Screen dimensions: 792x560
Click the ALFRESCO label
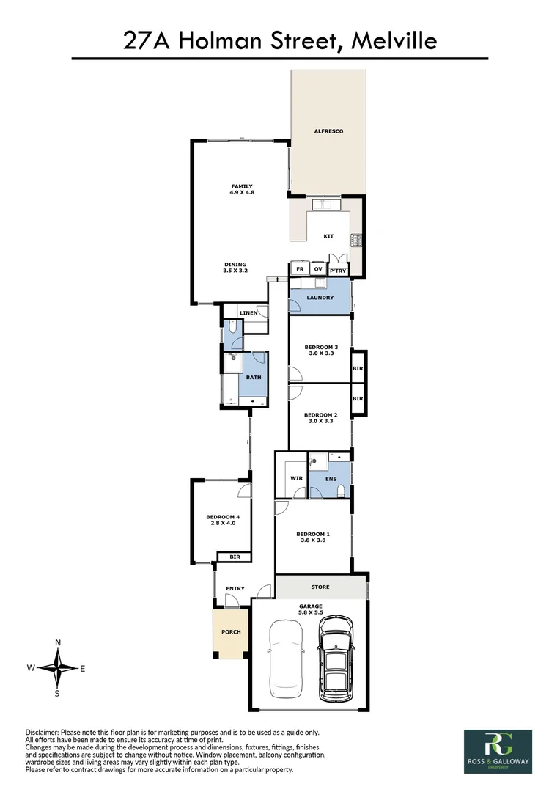(x=328, y=131)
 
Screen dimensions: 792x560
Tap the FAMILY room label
(x=241, y=186)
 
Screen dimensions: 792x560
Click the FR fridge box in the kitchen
(x=299, y=269)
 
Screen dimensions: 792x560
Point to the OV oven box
(x=318, y=269)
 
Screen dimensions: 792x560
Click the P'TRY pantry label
(x=338, y=271)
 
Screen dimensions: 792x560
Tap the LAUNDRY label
(x=321, y=298)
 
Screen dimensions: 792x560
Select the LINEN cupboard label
(x=248, y=313)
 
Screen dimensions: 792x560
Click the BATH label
(x=254, y=378)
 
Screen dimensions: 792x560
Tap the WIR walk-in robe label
(x=286, y=479)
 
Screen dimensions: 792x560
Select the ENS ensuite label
(x=331, y=479)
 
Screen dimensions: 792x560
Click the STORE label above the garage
(x=320, y=587)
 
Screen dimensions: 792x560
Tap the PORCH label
(x=231, y=631)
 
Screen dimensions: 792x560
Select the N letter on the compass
(x=58, y=643)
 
